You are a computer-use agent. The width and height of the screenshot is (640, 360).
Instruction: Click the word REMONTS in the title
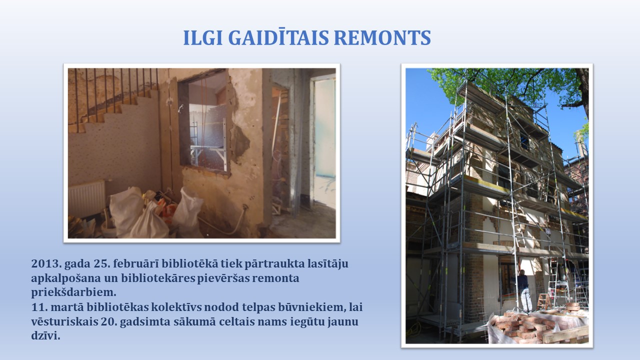pos(382,37)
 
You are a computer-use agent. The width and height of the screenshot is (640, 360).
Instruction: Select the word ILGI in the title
pos(203,37)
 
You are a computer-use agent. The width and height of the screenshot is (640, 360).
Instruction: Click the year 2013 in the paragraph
pos(46,263)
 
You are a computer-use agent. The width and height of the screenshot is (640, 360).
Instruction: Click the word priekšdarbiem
pos(73,292)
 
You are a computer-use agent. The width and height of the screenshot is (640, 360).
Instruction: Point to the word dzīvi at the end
pos(45,336)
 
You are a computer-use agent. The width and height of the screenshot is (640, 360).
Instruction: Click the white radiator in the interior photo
pos(86,198)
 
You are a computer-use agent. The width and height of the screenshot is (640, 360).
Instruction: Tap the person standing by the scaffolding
pos(525,291)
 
